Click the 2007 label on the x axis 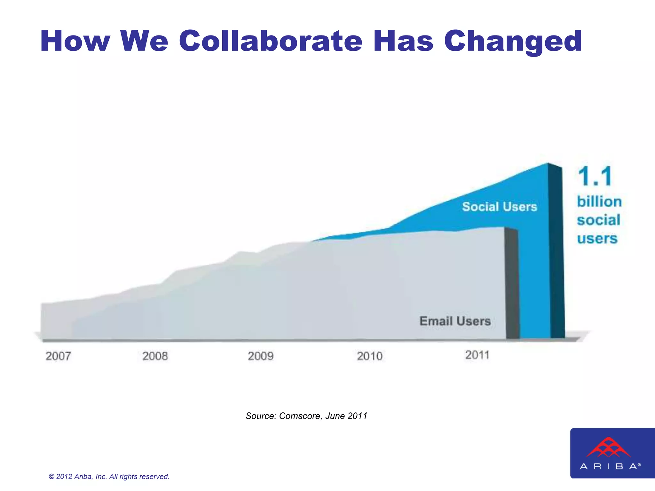click(x=58, y=356)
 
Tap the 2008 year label click(x=155, y=356)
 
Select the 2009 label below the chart click(x=261, y=356)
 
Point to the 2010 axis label click(x=370, y=356)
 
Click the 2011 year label click(x=477, y=355)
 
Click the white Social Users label click(x=499, y=207)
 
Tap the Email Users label click(x=455, y=321)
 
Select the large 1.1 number click(x=595, y=176)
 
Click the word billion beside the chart click(x=599, y=202)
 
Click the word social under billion click(x=598, y=220)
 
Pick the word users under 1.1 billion click(x=597, y=239)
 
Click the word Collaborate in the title click(x=271, y=41)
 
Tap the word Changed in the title click(x=513, y=41)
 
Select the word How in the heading click(x=75, y=41)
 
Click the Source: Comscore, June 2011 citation click(x=306, y=416)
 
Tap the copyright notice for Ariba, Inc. click(x=109, y=477)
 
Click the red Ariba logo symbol click(x=608, y=448)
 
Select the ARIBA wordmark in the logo click(x=610, y=466)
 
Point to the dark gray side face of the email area click(x=512, y=284)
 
